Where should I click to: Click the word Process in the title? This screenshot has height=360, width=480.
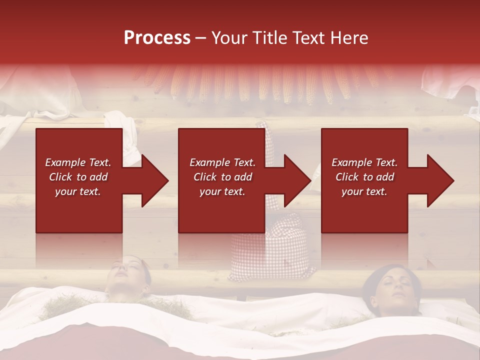(157, 38)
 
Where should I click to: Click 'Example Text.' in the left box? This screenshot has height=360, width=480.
(78, 162)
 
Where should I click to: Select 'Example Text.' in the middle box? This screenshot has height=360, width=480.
(222, 162)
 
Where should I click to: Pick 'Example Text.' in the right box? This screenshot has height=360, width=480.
(364, 162)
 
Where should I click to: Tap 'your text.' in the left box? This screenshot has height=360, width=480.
(78, 191)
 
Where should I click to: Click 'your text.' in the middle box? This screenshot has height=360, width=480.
(222, 191)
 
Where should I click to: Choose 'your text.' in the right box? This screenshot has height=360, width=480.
(364, 191)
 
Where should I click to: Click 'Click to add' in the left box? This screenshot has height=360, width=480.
(78, 177)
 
